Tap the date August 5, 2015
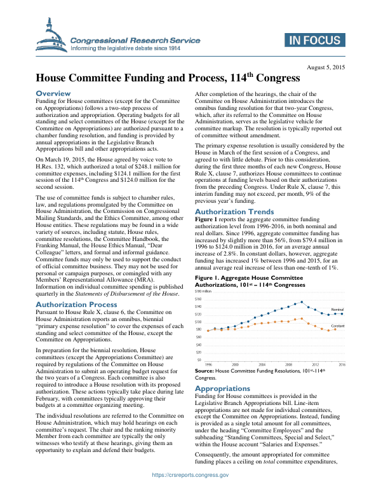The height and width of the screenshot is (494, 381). coord(325,67)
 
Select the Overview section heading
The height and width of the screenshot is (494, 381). coord(57,93)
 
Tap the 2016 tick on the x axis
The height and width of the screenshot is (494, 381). coord(342,364)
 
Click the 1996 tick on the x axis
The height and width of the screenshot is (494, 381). coord(208,364)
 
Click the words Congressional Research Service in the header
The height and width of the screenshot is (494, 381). coord(135,40)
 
